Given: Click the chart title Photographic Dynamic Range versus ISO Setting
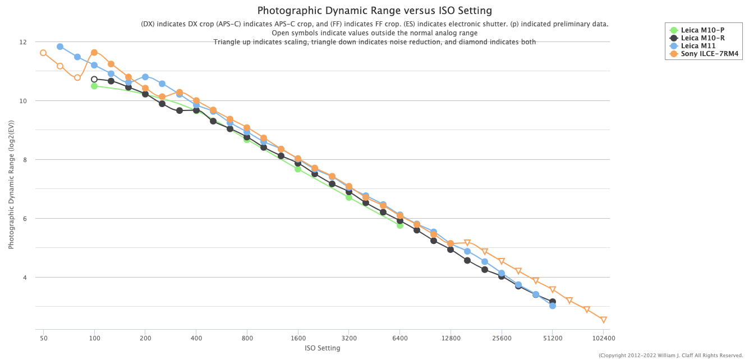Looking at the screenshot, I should (x=374, y=11).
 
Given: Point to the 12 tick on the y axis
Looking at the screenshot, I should (x=22, y=42).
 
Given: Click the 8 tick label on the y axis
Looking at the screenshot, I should (x=24, y=160).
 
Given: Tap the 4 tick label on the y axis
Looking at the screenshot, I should (x=24, y=278).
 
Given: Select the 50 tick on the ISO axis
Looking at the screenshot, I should (x=43, y=339).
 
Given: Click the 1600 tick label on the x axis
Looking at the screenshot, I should (x=298, y=339).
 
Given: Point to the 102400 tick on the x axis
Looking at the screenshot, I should (x=603, y=339).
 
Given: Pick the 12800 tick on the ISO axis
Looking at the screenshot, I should (x=451, y=339).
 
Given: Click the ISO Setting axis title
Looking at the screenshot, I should (x=322, y=348).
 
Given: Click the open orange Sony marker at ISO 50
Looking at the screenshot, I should (x=43, y=53).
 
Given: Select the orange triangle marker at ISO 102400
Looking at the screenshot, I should (x=604, y=320).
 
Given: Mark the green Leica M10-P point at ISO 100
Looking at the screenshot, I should (x=94, y=86).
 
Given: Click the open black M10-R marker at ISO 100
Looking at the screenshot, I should (x=94, y=79).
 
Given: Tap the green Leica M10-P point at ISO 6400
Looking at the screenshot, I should (x=400, y=225).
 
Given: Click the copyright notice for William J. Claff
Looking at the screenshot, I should (x=671, y=356).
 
